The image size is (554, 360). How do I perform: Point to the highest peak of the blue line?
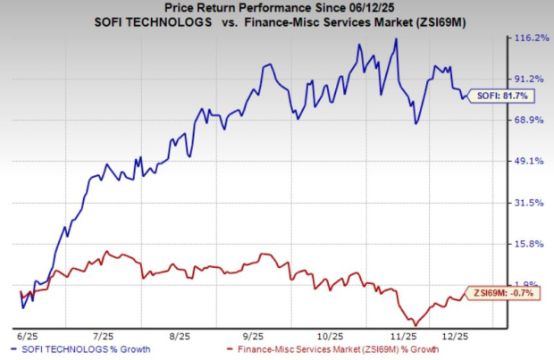click(x=396, y=39)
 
